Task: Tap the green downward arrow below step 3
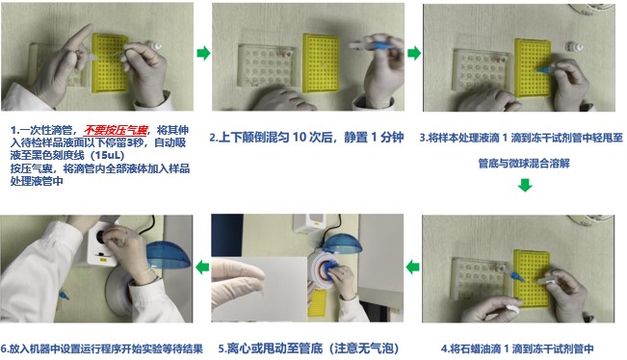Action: tap(525, 185)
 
